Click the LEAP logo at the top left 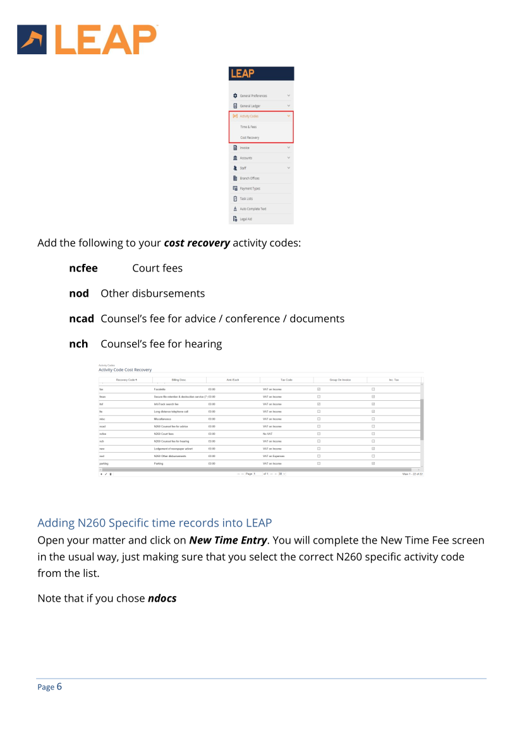[x=87, y=39]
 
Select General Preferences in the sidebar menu [x=252, y=96]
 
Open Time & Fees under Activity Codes [x=248, y=127]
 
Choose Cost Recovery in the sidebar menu [x=250, y=138]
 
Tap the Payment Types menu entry [x=250, y=189]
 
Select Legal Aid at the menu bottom [x=246, y=219]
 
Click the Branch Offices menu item [x=250, y=179]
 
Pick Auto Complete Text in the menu [x=253, y=209]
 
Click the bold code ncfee [x=83, y=268]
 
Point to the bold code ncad [x=82, y=319]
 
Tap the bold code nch [x=78, y=344]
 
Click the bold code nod [x=79, y=294]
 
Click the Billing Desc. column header [x=179, y=379]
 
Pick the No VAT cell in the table [x=269, y=434]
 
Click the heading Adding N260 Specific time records [x=154, y=523]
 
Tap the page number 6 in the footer [x=59, y=687]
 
